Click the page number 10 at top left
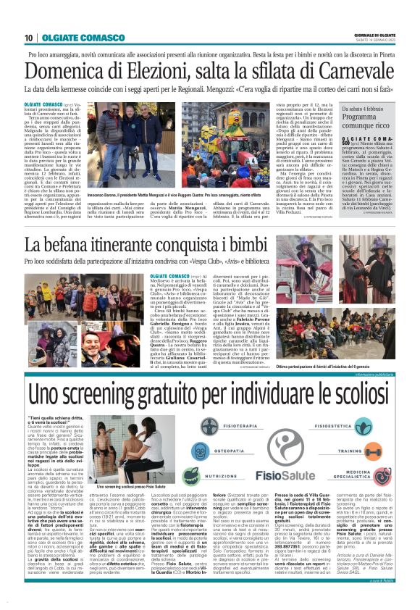point(28,38)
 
